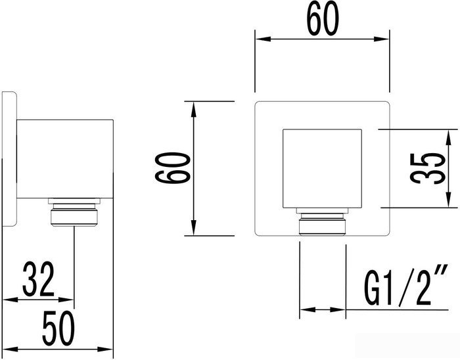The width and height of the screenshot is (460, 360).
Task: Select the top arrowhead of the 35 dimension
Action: click(449, 135)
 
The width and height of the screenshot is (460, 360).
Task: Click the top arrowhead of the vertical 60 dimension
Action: click(194, 106)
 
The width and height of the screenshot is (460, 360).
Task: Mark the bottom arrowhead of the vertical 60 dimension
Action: click(194, 230)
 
